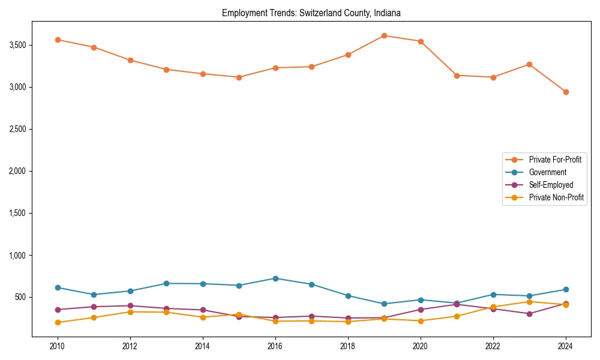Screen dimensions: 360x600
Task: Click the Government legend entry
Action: click(x=547, y=172)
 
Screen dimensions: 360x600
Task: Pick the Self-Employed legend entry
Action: click(x=551, y=185)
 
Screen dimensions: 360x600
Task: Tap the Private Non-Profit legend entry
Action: click(x=556, y=197)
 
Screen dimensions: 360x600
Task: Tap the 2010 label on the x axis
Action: click(x=58, y=346)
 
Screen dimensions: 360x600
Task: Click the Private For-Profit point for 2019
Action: click(x=384, y=35)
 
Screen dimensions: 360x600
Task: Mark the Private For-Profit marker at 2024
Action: click(x=566, y=92)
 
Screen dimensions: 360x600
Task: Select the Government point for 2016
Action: click(x=275, y=278)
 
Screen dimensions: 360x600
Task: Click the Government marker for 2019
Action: click(x=384, y=304)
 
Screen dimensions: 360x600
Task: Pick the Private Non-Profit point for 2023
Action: click(x=529, y=302)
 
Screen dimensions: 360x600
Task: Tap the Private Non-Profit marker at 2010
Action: click(x=58, y=322)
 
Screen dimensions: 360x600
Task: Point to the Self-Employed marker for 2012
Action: click(x=130, y=306)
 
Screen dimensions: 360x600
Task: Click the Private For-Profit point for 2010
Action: click(x=58, y=40)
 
